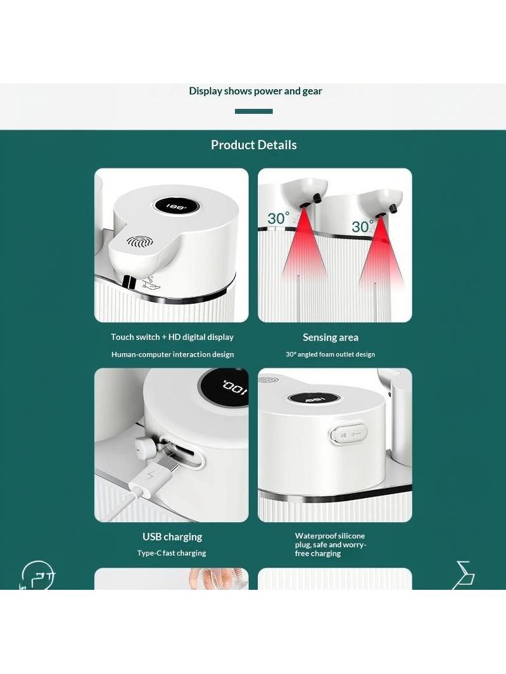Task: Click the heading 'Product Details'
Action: point(253,145)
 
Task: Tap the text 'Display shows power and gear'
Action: point(256,91)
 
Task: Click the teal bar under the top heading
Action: point(253,111)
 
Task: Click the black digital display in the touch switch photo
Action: point(175,206)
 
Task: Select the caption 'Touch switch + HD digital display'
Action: point(172,337)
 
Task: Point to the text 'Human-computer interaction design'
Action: point(172,354)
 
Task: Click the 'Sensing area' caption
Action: point(331,337)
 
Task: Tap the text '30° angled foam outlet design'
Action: point(331,354)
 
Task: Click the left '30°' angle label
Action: point(279,218)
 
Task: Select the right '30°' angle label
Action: point(362,227)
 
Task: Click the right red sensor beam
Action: point(381,254)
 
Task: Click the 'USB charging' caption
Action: point(172,537)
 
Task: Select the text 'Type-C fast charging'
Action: point(172,553)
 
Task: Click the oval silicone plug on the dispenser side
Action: point(349,435)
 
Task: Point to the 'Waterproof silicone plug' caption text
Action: point(331,545)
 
